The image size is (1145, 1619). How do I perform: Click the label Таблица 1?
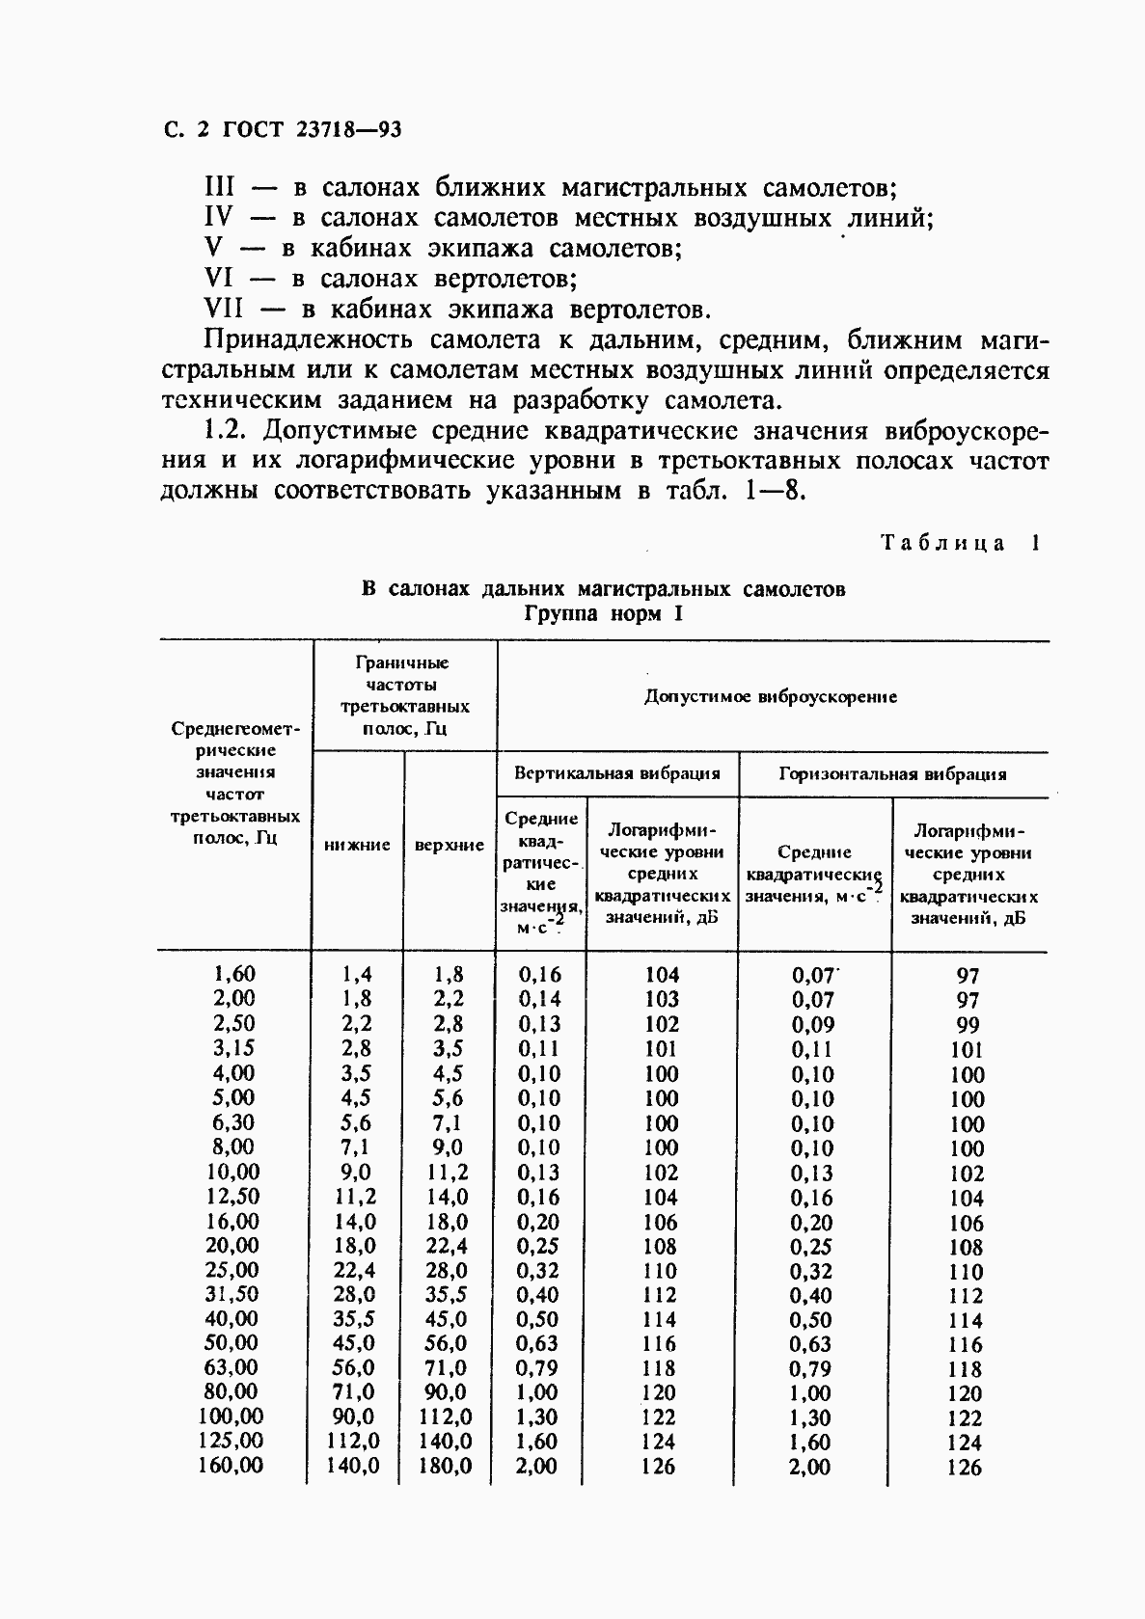click(x=961, y=543)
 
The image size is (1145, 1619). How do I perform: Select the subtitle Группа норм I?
click(x=604, y=613)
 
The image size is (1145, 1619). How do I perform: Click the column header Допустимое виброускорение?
click(x=771, y=696)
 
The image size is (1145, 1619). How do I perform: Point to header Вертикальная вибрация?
click(x=617, y=772)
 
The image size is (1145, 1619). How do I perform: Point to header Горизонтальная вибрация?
click(x=892, y=773)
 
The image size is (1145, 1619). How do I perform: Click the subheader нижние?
click(x=357, y=845)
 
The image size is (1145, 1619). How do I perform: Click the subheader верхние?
click(x=450, y=845)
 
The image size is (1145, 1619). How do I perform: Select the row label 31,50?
click(x=232, y=1294)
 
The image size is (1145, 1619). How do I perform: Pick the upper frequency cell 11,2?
click(x=448, y=1172)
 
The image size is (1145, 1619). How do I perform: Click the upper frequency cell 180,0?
click(x=445, y=1466)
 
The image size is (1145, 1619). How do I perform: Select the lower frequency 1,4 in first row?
click(x=357, y=975)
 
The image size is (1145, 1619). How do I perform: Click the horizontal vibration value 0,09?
click(x=813, y=1025)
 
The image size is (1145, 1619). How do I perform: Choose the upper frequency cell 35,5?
click(x=448, y=1294)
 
